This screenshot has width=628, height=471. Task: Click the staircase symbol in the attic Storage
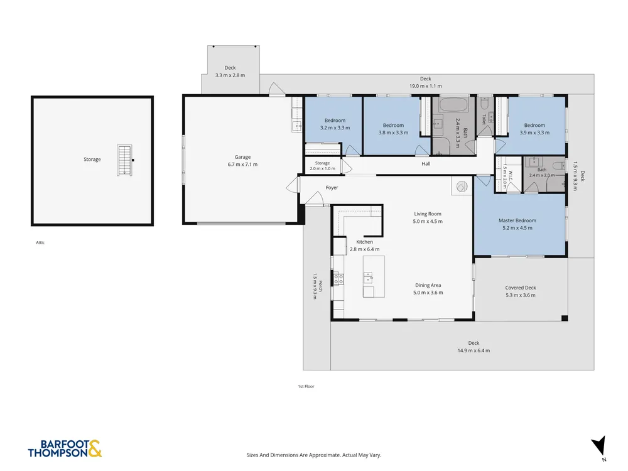pos(124,160)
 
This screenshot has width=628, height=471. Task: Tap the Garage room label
pos(242,157)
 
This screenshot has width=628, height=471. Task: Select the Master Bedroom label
pos(517,220)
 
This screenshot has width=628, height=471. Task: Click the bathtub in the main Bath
pos(454,106)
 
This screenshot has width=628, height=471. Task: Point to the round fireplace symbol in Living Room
pos(462,187)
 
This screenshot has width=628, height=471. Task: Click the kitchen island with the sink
pos(374,276)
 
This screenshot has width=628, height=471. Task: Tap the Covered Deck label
pos(520,288)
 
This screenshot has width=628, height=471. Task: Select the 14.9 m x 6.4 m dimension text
pos(474,350)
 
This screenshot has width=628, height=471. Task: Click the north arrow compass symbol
pos(598,446)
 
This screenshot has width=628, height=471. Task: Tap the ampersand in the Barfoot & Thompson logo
pos(95,448)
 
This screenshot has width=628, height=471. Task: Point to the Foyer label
pos(332,187)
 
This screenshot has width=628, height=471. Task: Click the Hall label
pos(426,163)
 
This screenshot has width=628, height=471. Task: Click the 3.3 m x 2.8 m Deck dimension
pos(230,75)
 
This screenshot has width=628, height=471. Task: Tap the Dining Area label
pos(428,285)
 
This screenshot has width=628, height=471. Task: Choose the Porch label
pos(320,286)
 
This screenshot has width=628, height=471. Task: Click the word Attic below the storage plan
pos(40,242)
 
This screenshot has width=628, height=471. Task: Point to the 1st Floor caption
pos(306,386)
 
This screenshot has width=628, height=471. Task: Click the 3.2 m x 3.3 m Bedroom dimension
pos(335,127)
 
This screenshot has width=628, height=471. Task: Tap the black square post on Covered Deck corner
pos(565,318)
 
